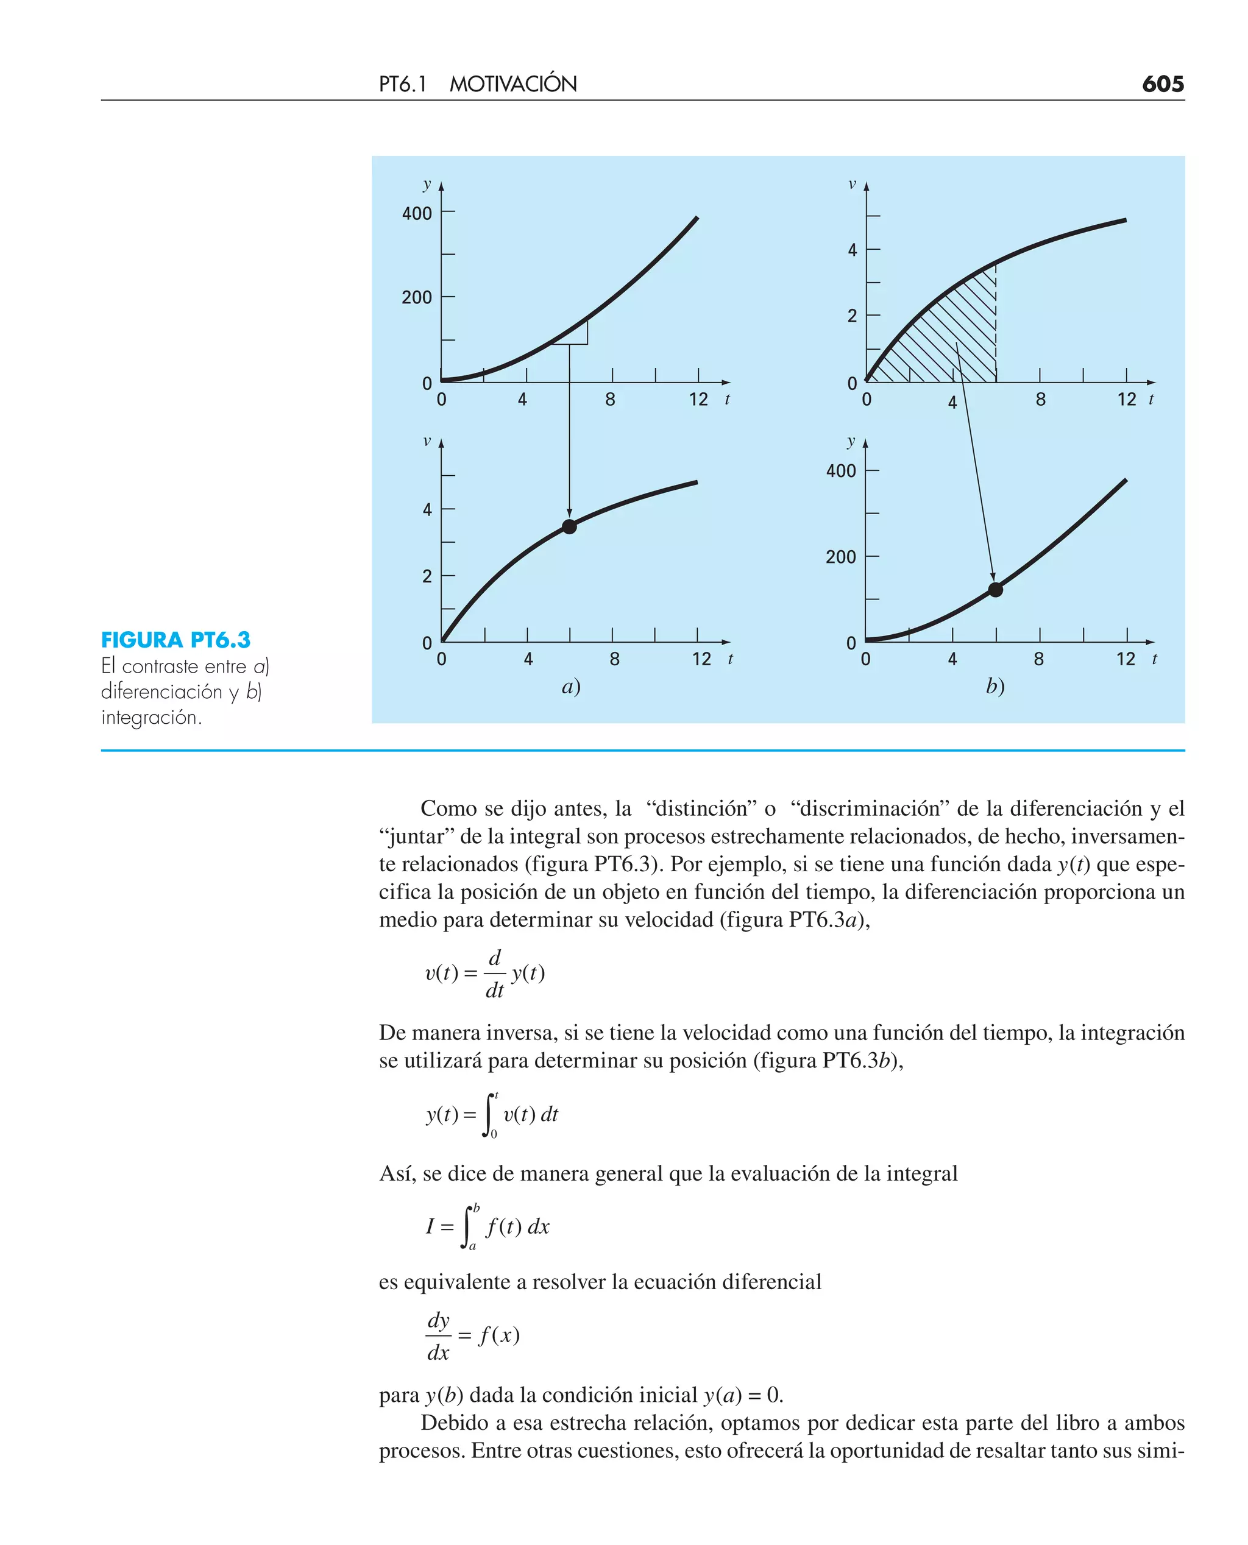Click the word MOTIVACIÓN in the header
[x=512, y=84]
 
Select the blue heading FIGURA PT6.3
[x=175, y=640]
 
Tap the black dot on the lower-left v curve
[x=569, y=527]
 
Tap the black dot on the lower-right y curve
[x=995, y=590]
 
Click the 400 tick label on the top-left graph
[x=417, y=213]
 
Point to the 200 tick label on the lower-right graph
[x=840, y=557]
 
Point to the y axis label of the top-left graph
[x=427, y=184]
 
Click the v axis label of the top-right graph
[x=852, y=185]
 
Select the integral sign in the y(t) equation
[x=489, y=1114]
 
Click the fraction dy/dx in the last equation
[x=438, y=1336]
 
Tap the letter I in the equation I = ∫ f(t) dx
[x=430, y=1226]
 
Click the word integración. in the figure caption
[x=151, y=717]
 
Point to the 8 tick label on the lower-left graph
[x=614, y=659]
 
